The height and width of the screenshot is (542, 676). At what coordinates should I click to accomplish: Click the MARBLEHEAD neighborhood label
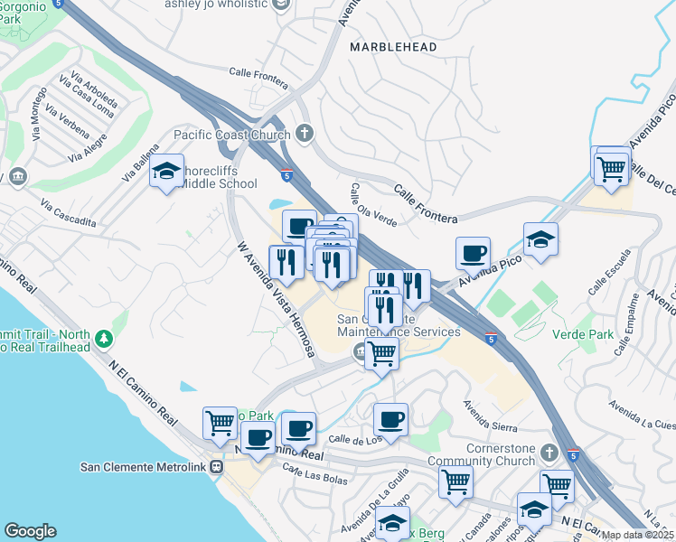click(x=393, y=46)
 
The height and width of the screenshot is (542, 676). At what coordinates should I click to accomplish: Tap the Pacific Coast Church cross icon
click(x=304, y=134)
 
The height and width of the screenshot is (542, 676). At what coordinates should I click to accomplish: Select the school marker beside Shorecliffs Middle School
click(x=166, y=171)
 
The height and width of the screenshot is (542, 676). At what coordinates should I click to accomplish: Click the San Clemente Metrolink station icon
click(x=216, y=467)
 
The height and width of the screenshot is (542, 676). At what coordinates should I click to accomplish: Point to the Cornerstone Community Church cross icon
click(x=548, y=450)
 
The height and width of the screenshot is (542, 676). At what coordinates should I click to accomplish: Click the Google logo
click(x=30, y=530)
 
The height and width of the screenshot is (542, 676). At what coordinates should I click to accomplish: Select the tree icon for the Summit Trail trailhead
click(x=106, y=339)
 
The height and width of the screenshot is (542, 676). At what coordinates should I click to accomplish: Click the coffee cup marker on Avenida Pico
click(x=472, y=254)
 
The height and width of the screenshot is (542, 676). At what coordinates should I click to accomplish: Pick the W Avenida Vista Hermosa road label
click(x=275, y=297)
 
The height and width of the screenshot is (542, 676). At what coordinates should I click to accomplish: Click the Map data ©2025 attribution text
click(x=637, y=535)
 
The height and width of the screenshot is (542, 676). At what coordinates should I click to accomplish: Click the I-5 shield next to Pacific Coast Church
click(x=286, y=175)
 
